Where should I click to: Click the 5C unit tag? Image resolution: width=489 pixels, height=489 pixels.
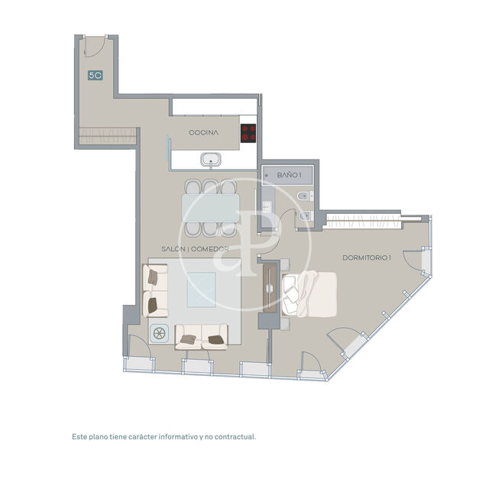[96, 76]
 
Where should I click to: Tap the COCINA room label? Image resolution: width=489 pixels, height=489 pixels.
[204, 132]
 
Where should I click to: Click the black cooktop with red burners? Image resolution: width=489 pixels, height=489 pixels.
[248, 133]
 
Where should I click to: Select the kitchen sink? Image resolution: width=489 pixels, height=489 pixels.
[210, 160]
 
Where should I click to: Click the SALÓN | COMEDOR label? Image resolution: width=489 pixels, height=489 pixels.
[201, 249]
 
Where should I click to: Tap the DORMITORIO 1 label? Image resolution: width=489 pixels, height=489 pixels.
[368, 257]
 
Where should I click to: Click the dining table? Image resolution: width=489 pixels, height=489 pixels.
[210, 207]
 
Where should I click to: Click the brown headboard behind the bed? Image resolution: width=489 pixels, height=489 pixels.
[270, 290]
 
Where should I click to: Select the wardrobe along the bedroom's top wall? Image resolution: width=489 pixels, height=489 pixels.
[363, 222]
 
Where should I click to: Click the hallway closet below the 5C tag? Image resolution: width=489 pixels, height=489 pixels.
[107, 135]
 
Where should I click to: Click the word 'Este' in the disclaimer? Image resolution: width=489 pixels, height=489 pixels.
[79, 437]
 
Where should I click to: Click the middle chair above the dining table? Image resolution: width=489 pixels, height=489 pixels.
[210, 186]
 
